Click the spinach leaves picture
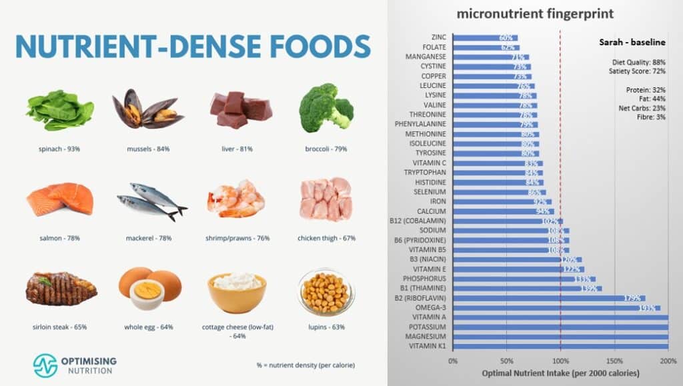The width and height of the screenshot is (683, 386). [x=59, y=110]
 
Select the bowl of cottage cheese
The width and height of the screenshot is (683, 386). [x=237, y=292]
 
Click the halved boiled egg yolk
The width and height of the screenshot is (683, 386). [x=147, y=291]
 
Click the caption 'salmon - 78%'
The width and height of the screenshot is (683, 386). [x=59, y=238]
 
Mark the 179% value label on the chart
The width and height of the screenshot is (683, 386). [x=632, y=299]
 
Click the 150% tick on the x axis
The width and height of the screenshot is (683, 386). [x=614, y=361]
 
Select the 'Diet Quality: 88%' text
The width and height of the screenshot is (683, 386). [x=638, y=62]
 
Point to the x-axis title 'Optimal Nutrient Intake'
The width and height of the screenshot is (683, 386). [x=560, y=373]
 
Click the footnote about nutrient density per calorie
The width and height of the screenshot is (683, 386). [x=305, y=365]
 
